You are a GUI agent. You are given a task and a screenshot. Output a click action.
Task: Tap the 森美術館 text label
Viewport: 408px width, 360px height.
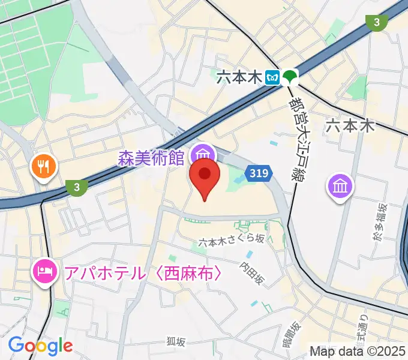151,158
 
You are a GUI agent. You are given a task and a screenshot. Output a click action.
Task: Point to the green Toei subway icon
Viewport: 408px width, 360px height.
290,77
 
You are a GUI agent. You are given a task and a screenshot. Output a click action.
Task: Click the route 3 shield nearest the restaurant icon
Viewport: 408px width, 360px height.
76,188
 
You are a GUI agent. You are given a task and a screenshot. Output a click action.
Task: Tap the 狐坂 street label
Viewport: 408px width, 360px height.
176,341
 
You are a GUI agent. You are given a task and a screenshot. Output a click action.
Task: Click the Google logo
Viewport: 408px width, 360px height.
40,345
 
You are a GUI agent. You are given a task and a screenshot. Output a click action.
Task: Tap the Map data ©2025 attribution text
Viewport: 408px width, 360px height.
358,351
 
